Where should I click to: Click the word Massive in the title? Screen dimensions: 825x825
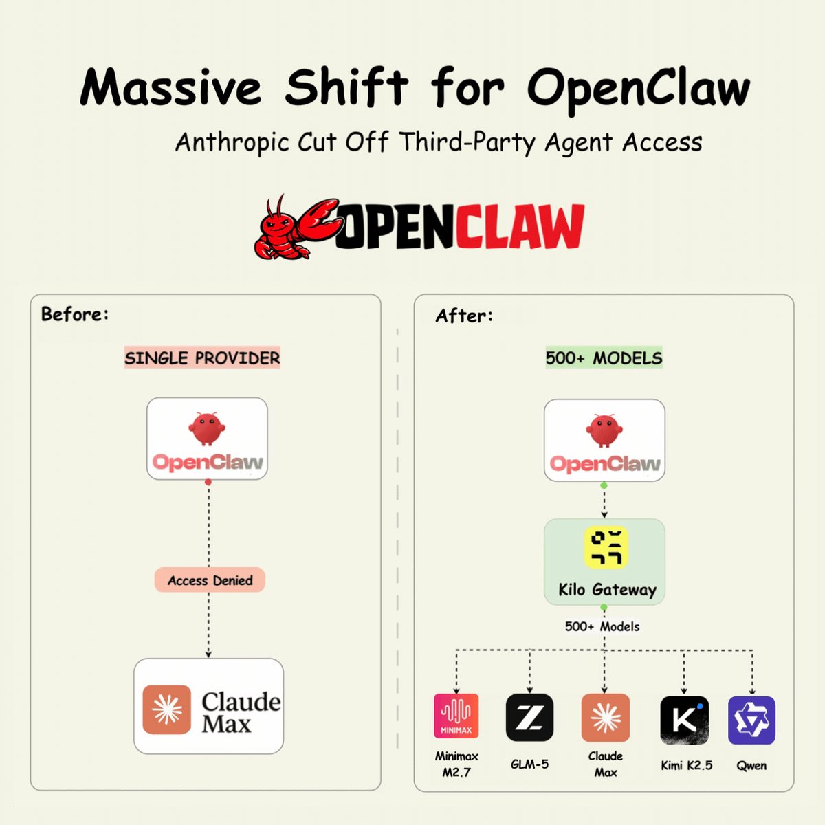170,88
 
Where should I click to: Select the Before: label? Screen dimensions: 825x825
75,315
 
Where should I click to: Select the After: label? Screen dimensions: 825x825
464,316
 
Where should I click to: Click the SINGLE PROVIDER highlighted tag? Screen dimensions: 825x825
202,358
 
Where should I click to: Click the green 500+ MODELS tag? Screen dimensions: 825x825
604,358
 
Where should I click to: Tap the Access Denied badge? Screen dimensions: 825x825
210,581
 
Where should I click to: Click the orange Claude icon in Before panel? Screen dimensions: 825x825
167,709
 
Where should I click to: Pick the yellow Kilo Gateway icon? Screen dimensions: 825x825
606,548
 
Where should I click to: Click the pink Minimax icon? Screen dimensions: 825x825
456,716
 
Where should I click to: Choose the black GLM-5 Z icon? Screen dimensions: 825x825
529,717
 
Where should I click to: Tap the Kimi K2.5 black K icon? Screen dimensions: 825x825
684,720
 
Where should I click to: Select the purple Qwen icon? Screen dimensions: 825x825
751,720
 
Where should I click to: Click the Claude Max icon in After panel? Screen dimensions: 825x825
605,717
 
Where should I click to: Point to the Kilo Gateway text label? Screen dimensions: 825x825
607,590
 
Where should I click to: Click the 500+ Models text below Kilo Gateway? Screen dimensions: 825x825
602,627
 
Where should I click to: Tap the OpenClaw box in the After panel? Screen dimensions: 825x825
604,440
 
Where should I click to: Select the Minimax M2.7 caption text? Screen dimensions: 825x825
456,764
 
